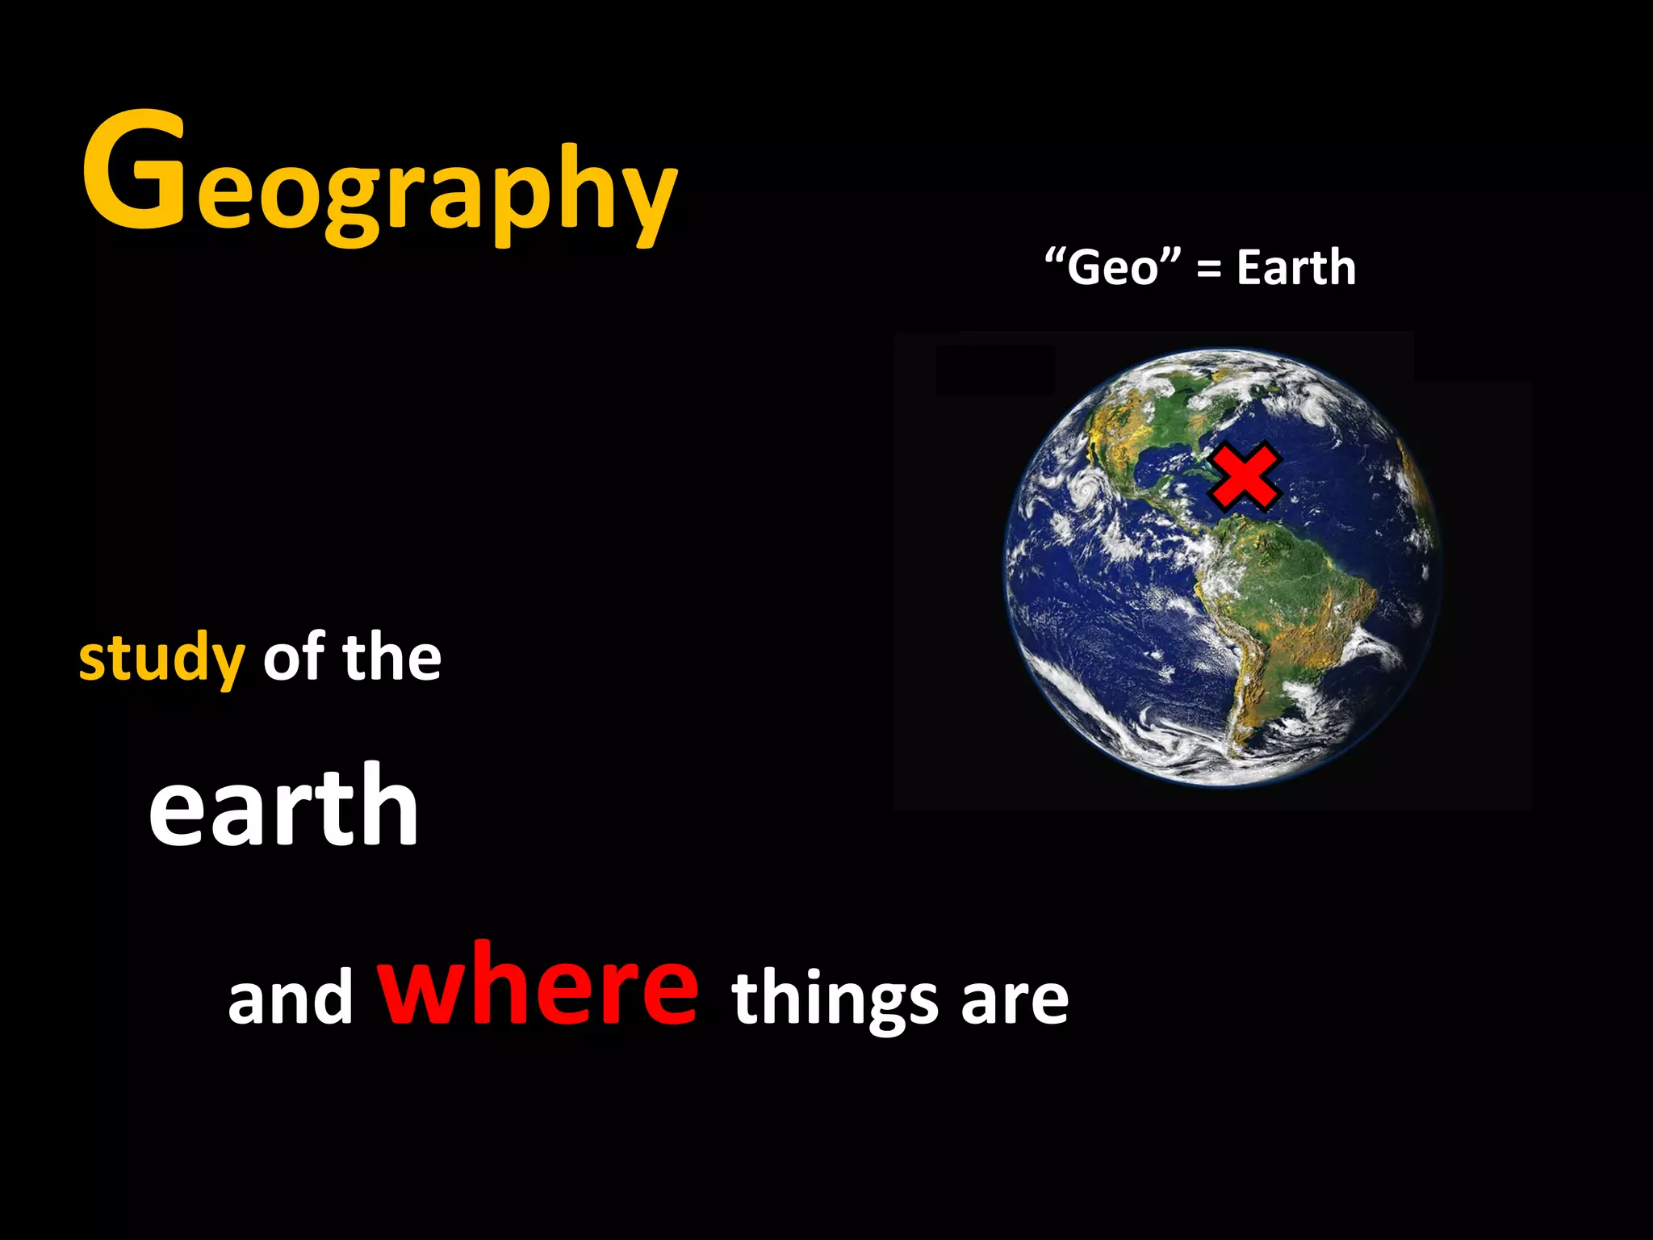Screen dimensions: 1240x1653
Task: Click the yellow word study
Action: click(x=161, y=659)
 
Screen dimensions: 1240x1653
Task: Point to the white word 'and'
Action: click(x=291, y=998)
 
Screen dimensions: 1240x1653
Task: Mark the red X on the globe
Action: click(x=1244, y=477)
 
